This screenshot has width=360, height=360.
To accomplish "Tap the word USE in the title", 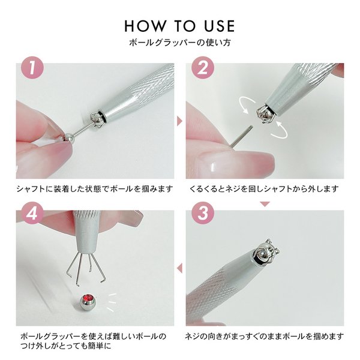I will point(216,26).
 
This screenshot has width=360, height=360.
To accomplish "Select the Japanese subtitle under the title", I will point(180,43).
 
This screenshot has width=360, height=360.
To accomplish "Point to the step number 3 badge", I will point(201,212).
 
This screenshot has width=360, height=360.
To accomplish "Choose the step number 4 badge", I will point(32,212).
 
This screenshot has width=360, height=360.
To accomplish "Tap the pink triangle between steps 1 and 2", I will point(178,121).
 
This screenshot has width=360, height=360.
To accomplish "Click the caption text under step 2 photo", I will point(263,189).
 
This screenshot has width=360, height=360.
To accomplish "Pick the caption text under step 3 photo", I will point(264,335).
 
